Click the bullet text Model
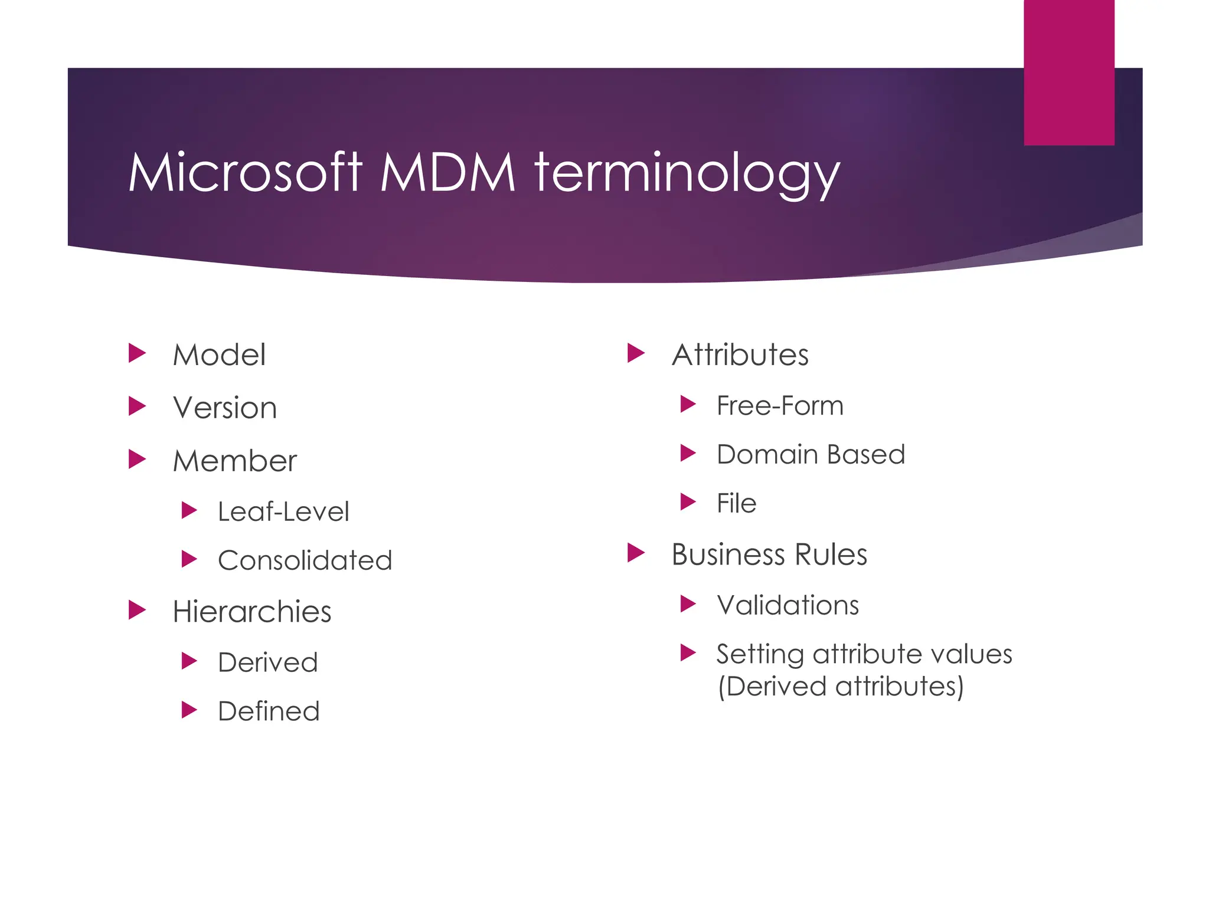pos(219,355)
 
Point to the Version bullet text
pos(225,408)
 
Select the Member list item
pos(235,461)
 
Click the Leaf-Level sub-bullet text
pos(283,511)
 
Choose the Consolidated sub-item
pos(305,560)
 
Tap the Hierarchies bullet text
pos(252,612)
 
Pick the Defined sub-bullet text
pos(269,711)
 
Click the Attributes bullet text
pos(740,355)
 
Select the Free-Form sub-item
pos(780,406)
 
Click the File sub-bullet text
pos(736,504)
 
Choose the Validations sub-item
pos(788,605)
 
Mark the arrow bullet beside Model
pos(137,354)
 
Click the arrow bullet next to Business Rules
pos(636,553)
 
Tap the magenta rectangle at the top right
pos(1069,72)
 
